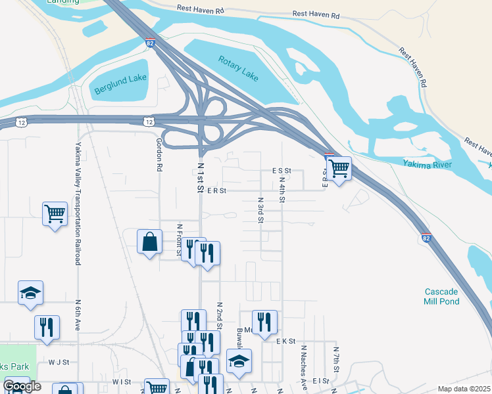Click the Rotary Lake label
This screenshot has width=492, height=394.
click(x=238, y=67)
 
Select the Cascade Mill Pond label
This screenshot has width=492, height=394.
click(x=441, y=296)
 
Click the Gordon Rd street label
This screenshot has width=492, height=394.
click(x=159, y=154)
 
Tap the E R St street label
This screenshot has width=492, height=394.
click(x=216, y=191)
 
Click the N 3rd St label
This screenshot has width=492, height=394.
click(x=260, y=210)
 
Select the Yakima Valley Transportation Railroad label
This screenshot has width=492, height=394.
click(x=78, y=204)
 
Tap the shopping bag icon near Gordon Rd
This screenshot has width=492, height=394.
click(x=149, y=241)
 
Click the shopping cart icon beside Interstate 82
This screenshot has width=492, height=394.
click(x=339, y=168)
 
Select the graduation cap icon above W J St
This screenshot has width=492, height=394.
click(x=30, y=292)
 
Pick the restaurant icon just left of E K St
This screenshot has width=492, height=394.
click(x=264, y=322)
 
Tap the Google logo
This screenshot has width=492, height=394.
click(x=21, y=386)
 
